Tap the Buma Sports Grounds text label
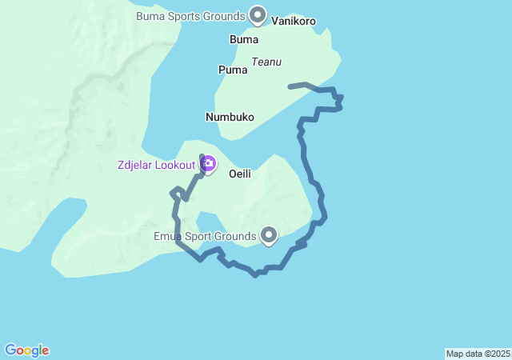tap(190, 16)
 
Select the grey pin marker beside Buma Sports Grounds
tap(258, 14)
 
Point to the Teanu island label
tap(266, 61)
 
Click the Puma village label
tap(233, 70)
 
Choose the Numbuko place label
tap(230, 117)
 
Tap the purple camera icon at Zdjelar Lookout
tap(208, 164)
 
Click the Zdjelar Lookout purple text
tap(156, 165)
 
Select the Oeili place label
tap(241, 172)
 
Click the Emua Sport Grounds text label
tap(204, 236)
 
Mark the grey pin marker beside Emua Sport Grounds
tap(269, 234)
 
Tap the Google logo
tap(26, 350)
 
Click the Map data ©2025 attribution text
tap(478, 354)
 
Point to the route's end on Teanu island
tap(290, 86)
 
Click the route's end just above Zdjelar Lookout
tap(201, 146)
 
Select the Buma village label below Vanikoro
tap(243, 38)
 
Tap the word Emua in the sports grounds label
tap(168, 236)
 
